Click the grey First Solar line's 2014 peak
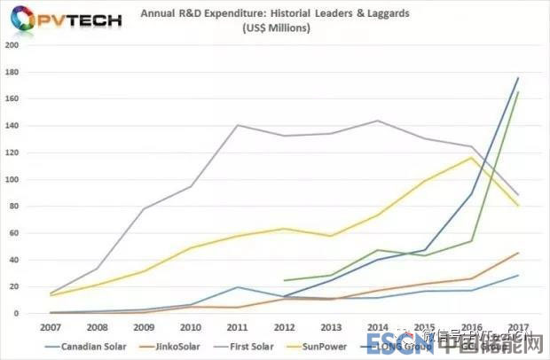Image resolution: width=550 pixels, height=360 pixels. point(379,121)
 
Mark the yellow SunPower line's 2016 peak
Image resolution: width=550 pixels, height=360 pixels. point(472,158)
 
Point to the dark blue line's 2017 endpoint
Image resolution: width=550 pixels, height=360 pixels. point(518,78)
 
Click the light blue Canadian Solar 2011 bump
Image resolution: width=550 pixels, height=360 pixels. point(239,287)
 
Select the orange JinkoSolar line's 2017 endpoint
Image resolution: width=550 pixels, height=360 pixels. point(518,253)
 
